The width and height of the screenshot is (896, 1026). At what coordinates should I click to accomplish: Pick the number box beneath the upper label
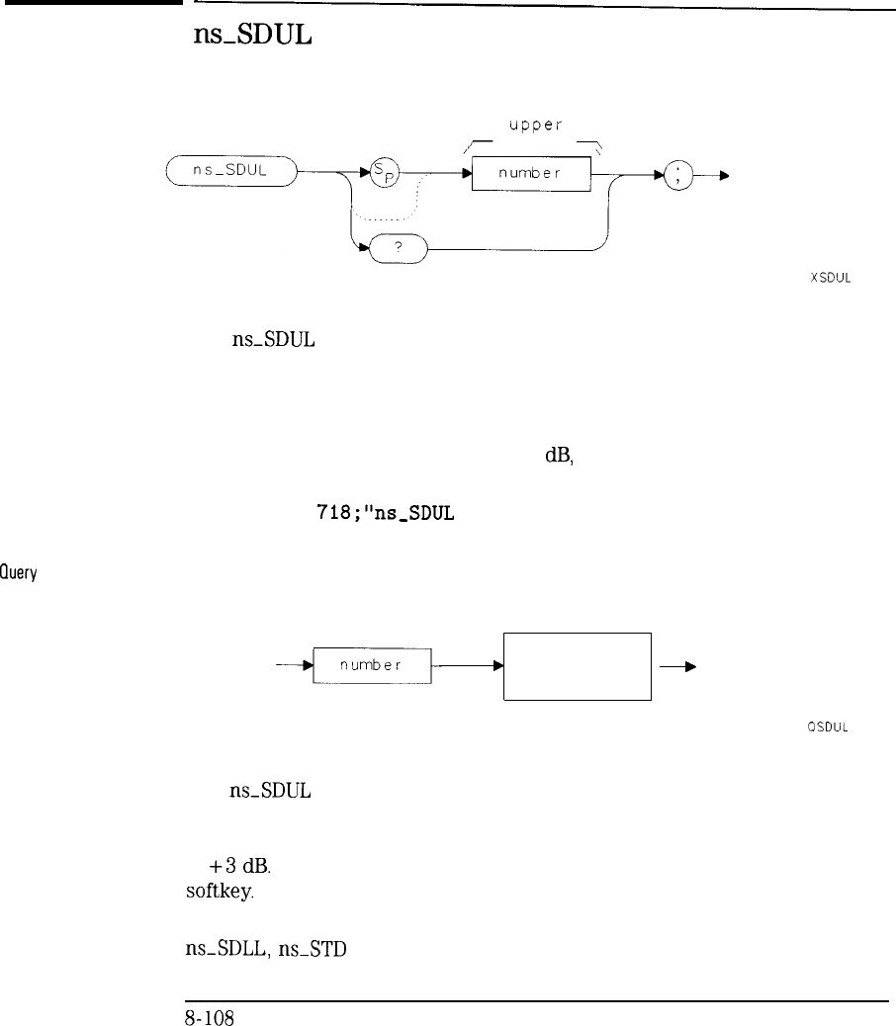[530, 174]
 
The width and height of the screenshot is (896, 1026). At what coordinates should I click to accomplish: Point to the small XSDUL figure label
[830, 278]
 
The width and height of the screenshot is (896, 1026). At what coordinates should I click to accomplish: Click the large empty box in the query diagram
[578, 666]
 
